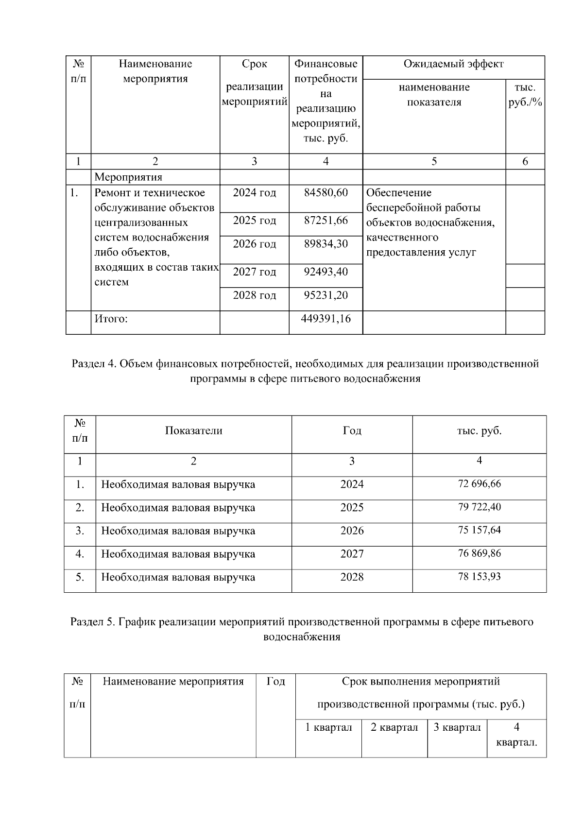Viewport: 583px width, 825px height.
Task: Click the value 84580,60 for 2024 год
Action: pos(326,193)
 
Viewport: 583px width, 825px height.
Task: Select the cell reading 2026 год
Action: pos(254,244)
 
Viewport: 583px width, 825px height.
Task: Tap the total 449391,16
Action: pos(326,319)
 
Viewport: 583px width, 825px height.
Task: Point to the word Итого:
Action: pos(111,319)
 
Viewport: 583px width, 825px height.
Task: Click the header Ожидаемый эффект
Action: pos(453,64)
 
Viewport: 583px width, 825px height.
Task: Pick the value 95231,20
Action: pos(326,295)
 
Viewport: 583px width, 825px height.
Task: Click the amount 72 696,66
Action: pos(479,484)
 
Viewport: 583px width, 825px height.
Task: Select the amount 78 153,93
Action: pos(479,577)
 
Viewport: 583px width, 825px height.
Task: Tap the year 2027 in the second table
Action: pos(352,554)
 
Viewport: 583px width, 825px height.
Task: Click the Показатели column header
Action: pos(193,431)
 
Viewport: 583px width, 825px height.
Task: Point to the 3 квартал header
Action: pos(457,727)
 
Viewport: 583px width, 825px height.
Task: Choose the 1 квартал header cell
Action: pos(328,727)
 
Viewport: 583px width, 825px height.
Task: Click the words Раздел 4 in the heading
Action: pos(93,364)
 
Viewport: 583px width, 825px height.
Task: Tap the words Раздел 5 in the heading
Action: pos(92,622)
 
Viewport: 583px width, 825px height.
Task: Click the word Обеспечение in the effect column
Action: pos(398,193)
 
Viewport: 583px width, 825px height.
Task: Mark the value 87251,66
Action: pos(326,221)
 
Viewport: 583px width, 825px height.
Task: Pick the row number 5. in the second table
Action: pos(80,577)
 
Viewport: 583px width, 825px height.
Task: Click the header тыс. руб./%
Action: pos(525,95)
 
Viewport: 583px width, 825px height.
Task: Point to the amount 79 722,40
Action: pos(479,507)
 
